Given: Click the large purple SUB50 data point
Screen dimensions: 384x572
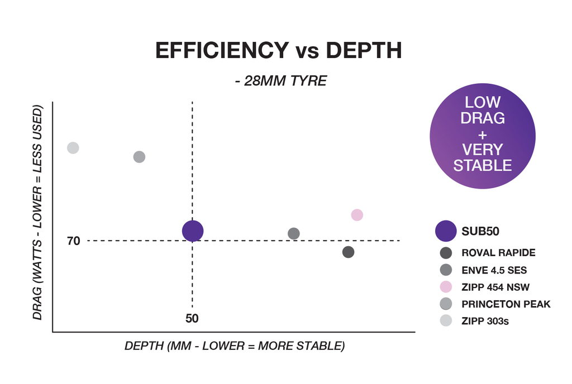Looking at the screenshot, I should tap(193, 231).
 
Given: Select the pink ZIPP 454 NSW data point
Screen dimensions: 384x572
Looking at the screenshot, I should tap(357, 215).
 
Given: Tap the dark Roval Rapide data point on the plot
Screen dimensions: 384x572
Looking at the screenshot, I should tap(349, 252).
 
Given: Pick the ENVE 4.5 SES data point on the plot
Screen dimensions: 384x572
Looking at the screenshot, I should tap(294, 233).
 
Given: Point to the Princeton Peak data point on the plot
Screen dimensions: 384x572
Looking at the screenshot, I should tap(139, 157).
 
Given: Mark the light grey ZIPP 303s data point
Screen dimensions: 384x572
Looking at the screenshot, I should tap(73, 148).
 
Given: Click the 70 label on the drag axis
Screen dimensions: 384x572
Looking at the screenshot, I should tap(74, 241).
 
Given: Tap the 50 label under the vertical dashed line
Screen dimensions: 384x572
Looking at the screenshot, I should tap(192, 319).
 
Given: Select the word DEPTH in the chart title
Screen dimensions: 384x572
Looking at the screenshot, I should tap(364, 51).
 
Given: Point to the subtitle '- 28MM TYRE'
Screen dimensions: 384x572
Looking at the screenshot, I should tap(280, 81).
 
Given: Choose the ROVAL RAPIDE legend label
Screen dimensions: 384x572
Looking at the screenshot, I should tap(498, 253).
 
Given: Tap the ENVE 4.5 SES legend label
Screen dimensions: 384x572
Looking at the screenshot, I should tap(494, 270).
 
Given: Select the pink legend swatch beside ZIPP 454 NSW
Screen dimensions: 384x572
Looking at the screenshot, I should tap(446, 287).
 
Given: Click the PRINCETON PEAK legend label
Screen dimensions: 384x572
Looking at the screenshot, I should tap(506, 304).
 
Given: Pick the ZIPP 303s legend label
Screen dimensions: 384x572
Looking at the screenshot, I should tap(485, 321).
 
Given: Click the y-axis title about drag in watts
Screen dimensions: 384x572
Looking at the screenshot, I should tap(38, 212).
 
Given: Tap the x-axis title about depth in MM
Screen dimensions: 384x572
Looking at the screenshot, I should tap(235, 346).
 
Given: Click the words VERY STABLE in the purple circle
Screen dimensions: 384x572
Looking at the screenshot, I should tap(483, 157).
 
